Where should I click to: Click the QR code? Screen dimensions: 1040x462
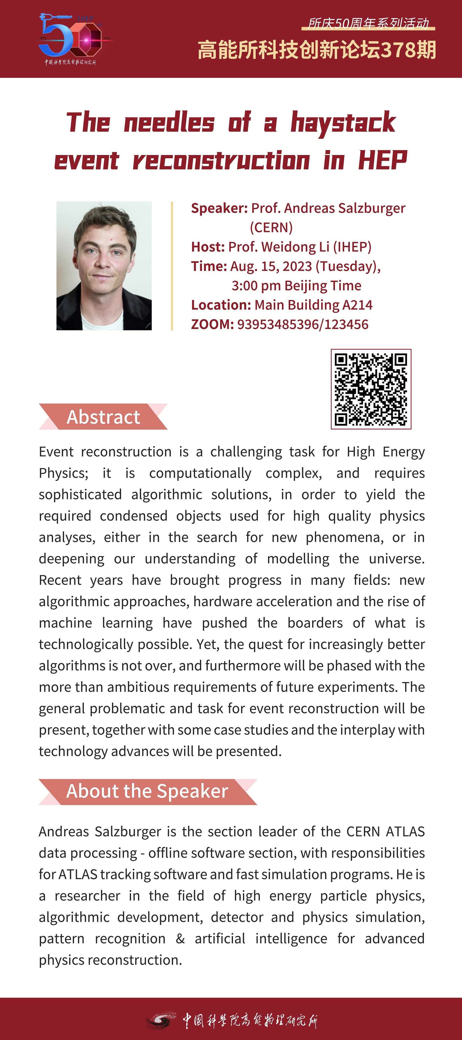coord(371,389)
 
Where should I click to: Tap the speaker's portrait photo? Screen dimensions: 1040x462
coord(104,266)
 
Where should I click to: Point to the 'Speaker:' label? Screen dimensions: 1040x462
coord(219,208)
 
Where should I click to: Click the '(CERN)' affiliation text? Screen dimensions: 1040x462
coord(271,227)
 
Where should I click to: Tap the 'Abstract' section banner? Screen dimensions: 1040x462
coord(103,417)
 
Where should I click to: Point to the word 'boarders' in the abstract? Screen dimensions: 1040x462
coord(315,623)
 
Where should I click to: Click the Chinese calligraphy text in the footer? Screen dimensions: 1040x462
coord(250,1020)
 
